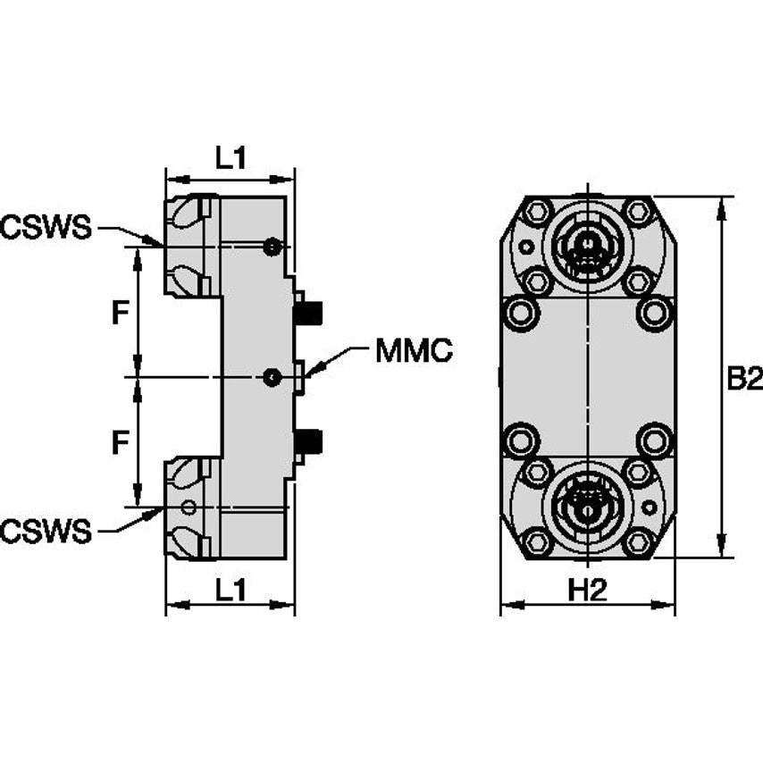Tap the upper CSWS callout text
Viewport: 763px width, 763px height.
pyautogui.click(x=46, y=228)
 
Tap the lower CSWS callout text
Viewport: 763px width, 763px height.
pyautogui.click(x=46, y=532)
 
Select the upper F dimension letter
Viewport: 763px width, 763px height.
pyautogui.click(x=119, y=313)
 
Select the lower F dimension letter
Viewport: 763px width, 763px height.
pyautogui.click(x=119, y=441)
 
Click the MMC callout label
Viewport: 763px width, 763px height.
pyautogui.click(x=414, y=351)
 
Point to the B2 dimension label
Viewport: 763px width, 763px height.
pyautogui.click(x=743, y=379)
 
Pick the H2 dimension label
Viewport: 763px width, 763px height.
pyautogui.click(x=587, y=590)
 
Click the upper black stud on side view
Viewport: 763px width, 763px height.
pyautogui.click(x=309, y=314)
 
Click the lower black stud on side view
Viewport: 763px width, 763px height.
pyautogui.click(x=309, y=440)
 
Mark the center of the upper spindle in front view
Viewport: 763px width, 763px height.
pyautogui.click(x=587, y=244)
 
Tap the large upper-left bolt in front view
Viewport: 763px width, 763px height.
pyautogui.click(x=521, y=313)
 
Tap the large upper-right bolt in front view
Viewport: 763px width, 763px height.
pyautogui.click(x=654, y=313)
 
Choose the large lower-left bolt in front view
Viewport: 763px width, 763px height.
pyautogui.click(x=521, y=440)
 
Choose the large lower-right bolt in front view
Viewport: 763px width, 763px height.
pyautogui.click(x=654, y=440)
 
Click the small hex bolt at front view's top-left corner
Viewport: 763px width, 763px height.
pyautogui.click(x=537, y=213)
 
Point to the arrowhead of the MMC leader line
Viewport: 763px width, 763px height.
pyautogui.click(x=306, y=373)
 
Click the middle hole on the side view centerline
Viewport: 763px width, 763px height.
pyautogui.click(x=272, y=378)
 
